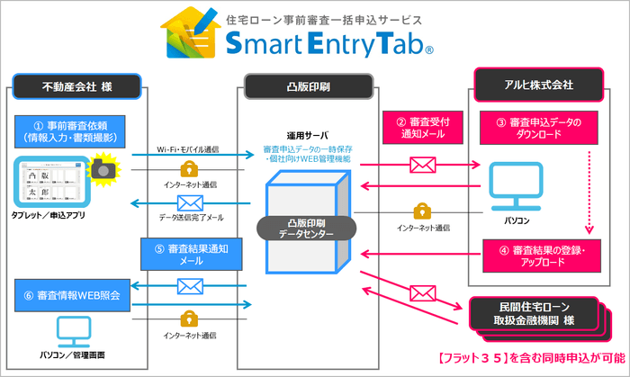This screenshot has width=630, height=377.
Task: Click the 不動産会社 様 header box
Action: [76, 87]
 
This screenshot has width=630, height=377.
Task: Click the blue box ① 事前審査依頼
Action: [71, 131]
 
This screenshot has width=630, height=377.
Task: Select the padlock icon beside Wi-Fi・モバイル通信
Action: [190, 168]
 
